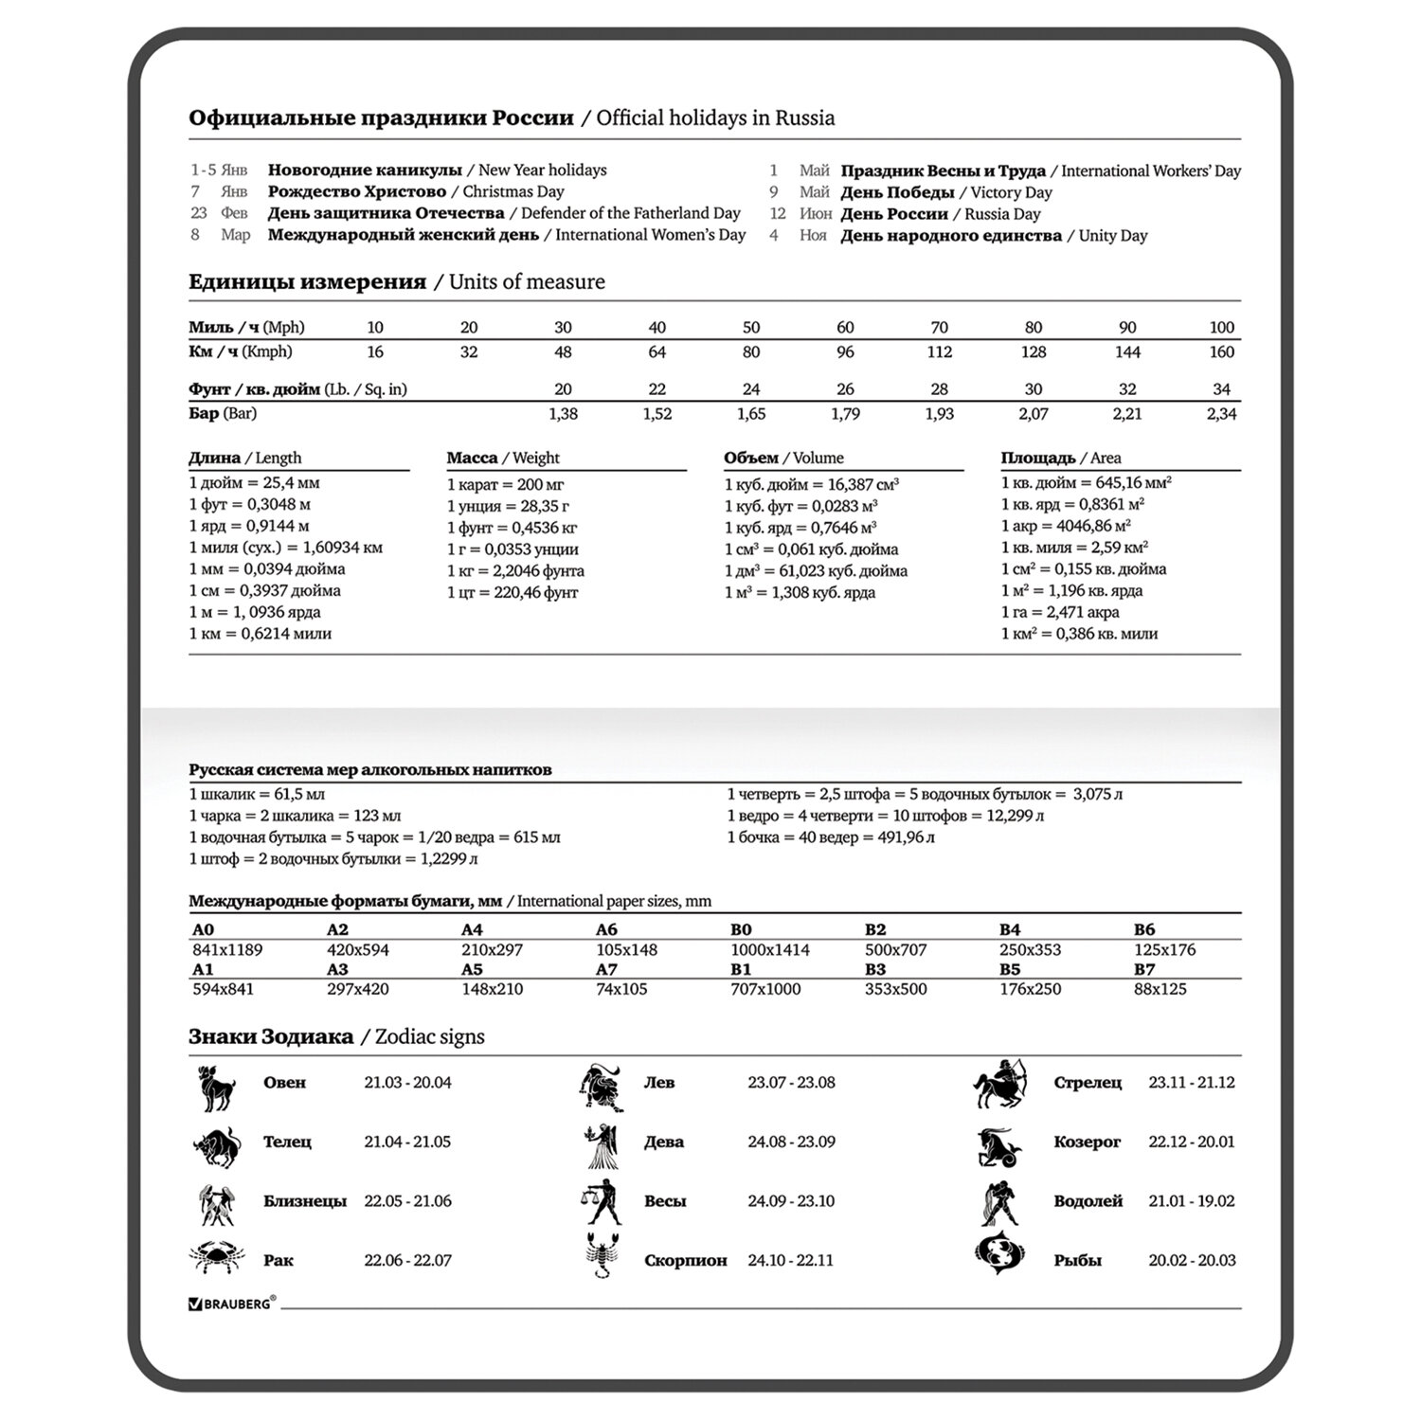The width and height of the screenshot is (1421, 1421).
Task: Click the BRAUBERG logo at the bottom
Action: [x=233, y=1304]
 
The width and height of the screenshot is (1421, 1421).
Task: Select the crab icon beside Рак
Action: [x=217, y=1257]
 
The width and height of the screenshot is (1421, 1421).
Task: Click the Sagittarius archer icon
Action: [x=999, y=1084]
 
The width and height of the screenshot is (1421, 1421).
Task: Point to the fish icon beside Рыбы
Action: [x=998, y=1252]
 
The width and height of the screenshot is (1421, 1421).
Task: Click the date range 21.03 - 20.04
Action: [x=407, y=1083]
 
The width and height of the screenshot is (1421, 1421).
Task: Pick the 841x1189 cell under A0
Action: [x=227, y=949]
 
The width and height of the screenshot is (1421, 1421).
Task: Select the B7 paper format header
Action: [x=1144, y=969]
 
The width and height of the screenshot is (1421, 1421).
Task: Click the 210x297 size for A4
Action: [x=493, y=949]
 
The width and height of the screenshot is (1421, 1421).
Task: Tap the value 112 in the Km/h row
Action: [x=939, y=351]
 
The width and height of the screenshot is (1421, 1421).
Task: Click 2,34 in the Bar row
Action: [x=1221, y=414]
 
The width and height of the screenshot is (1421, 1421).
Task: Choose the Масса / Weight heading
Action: [x=503, y=458]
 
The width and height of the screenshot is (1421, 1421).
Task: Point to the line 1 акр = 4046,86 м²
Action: [x=1066, y=526]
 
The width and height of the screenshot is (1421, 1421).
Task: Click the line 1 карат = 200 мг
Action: [x=505, y=484]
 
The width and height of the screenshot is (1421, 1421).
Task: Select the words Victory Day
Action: [x=1011, y=192]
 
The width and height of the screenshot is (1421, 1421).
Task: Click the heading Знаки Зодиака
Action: [x=271, y=1036]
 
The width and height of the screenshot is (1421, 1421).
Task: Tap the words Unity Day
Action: [x=1113, y=236]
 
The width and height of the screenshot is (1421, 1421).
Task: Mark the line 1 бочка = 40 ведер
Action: [x=831, y=837]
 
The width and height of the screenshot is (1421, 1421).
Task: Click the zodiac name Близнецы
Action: [x=304, y=1201]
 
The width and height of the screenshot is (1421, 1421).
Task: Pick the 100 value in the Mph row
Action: [x=1221, y=328]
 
